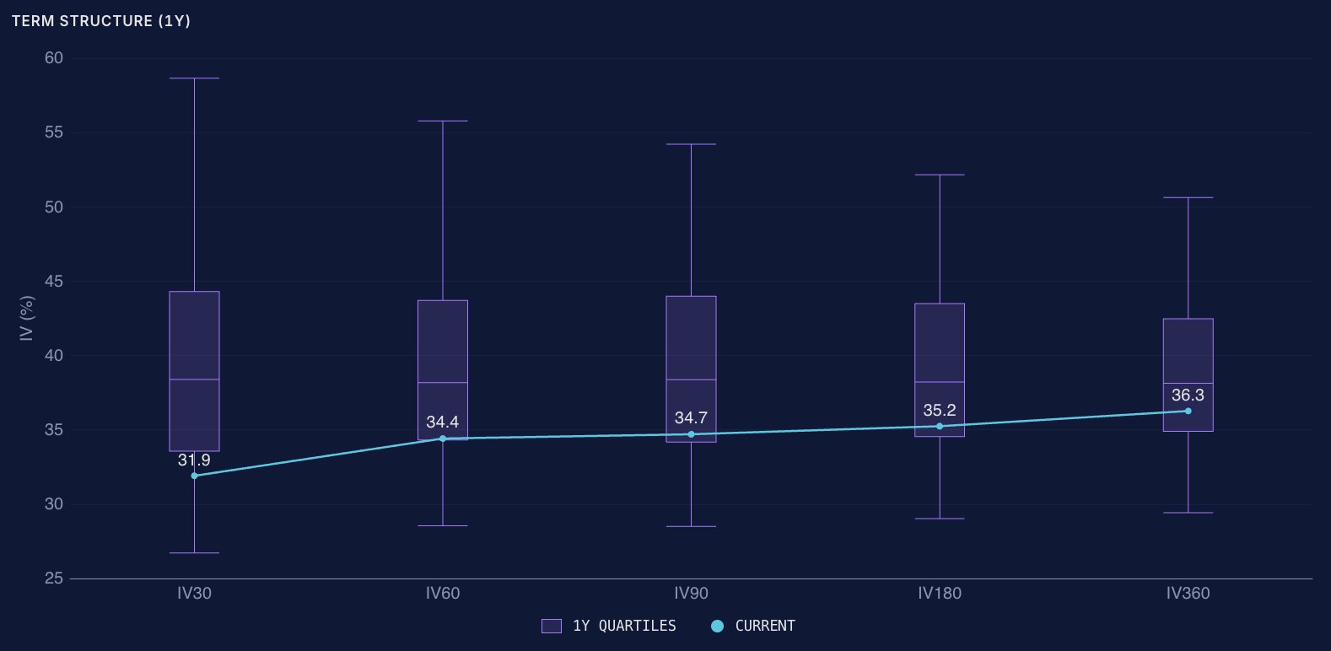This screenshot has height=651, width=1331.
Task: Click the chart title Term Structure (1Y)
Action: (x=101, y=21)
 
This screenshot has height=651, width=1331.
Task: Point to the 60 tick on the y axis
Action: (x=53, y=58)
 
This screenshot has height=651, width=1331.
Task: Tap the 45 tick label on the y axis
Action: (x=53, y=281)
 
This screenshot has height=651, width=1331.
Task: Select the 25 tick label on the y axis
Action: (x=53, y=578)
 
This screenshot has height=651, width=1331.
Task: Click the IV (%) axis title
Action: (x=27, y=319)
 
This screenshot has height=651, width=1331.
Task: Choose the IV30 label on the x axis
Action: (x=194, y=594)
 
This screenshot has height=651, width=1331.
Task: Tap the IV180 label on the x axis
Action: (x=940, y=594)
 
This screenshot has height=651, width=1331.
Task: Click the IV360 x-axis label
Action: (x=1188, y=594)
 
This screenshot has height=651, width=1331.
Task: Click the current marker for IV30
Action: (x=194, y=476)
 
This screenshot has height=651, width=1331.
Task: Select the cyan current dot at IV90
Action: (x=691, y=434)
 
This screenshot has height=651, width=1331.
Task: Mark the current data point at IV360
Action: (x=1188, y=411)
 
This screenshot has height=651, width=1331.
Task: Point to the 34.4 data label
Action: (x=443, y=422)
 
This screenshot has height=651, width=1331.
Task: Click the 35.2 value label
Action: (x=940, y=411)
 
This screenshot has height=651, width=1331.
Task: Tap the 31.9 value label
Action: (x=194, y=460)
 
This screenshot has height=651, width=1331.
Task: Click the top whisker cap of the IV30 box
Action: (x=194, y=78)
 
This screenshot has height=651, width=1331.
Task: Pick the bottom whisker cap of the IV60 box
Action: (x=443, y=525)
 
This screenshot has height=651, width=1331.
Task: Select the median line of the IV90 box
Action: (x=691, y=379)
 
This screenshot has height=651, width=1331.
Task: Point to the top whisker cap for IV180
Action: (x=940, y=175)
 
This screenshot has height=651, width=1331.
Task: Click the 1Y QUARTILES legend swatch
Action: (x=552, y=626)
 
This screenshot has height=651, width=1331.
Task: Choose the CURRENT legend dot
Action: (x=717, y=626)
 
